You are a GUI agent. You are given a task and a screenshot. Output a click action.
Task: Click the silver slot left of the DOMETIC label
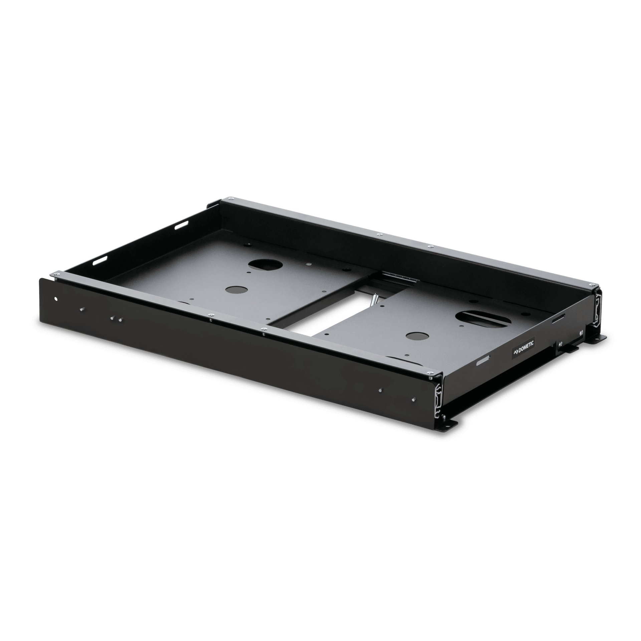[483, 362]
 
